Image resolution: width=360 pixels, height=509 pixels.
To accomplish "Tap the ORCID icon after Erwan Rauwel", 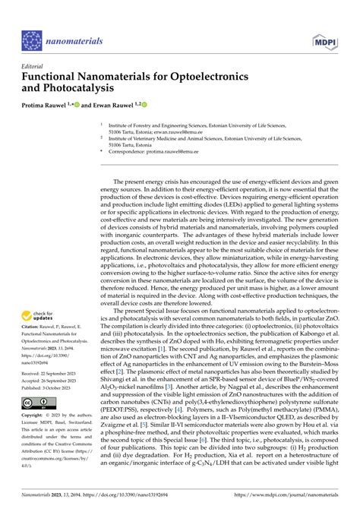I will tap(141, 104).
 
